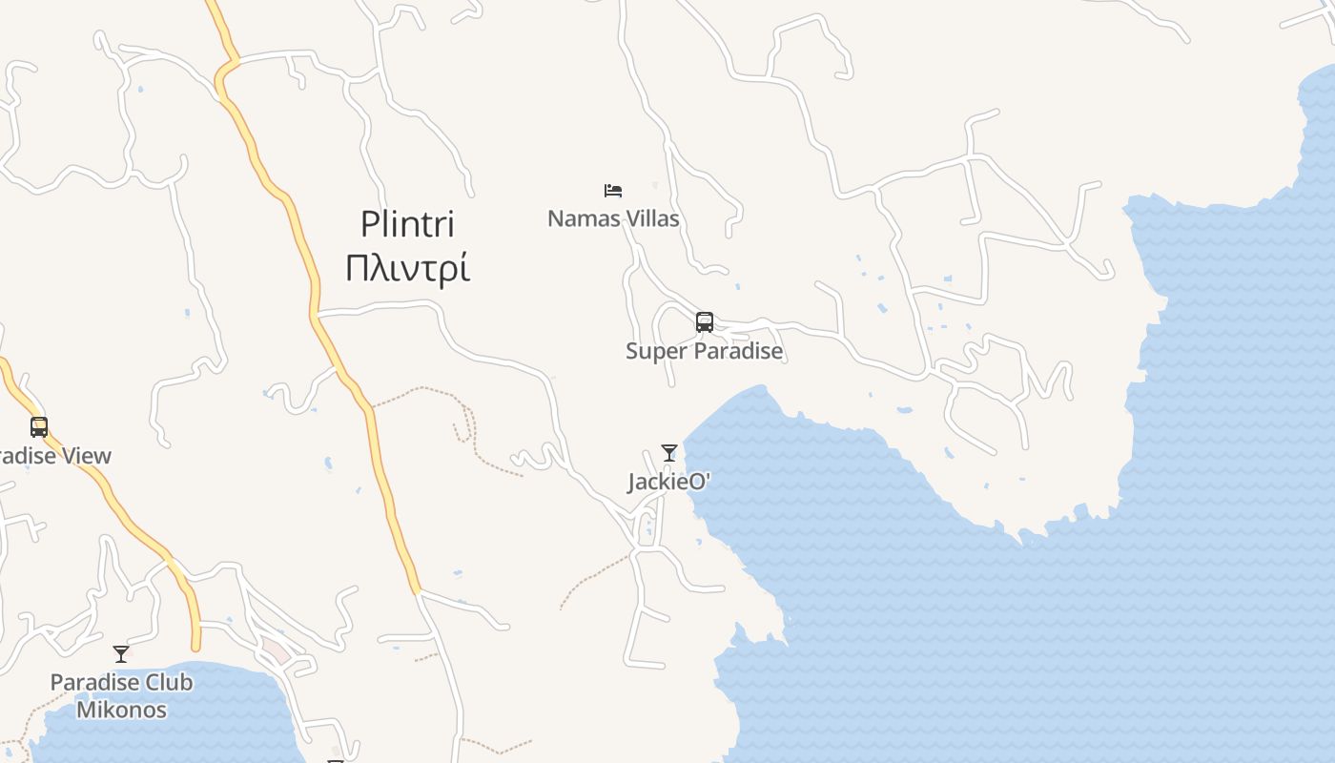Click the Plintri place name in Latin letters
pos(407,225)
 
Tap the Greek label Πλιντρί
pos(407,270)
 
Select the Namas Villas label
pos(613,218)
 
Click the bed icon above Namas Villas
pos(613,191)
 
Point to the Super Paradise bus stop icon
pos(705,322)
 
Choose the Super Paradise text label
pos(704,351)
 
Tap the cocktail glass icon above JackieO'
pos(669,453)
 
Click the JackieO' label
pos(669,482)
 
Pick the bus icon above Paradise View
pos(39,427)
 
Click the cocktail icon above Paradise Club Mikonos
pos(121,654)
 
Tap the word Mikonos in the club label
pos(121,710)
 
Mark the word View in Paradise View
pos(89,456)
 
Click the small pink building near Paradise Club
pos(276,651)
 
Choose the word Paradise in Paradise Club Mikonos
pos(92,683)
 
